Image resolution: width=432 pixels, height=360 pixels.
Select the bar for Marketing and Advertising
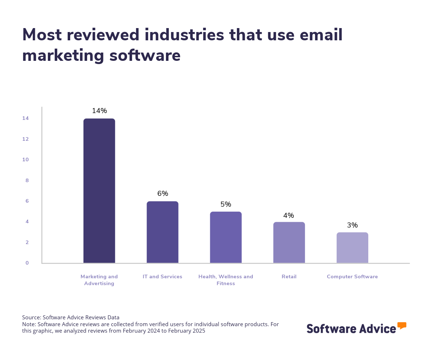tap(99, 191)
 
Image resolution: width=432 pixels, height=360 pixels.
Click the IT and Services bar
tap(162, 232)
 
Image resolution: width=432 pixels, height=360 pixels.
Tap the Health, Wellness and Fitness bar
tap(226, 237)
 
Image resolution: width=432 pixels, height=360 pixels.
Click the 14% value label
tap(99, 111)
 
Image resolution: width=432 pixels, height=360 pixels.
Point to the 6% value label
tap(163, 194)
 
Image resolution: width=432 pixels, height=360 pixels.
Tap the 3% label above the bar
tap(352, 225)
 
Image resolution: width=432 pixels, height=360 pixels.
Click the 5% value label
tap(226, 204)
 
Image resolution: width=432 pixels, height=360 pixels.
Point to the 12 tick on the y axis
tap(26, 139)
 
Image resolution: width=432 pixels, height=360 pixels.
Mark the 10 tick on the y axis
tap(26, 159)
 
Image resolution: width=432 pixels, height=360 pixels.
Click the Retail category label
tap(289, 277)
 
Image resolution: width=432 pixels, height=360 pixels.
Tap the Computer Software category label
tap(352, 277)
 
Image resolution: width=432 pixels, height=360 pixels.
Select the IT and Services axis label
tap(162, 277)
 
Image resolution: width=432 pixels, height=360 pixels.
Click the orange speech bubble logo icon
tap(402, 325)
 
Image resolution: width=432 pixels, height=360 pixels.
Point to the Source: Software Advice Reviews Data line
tap(71, 318)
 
